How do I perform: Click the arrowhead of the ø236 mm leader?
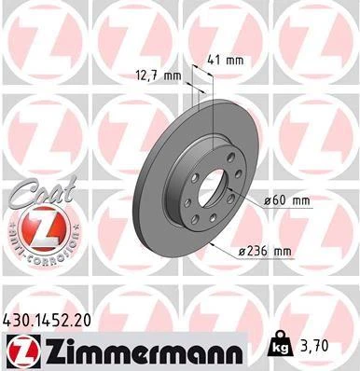pos(213,243)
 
